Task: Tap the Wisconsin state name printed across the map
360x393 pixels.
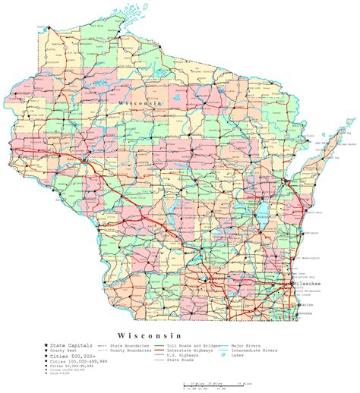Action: [x=136, y=100]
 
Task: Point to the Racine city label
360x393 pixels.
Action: [x=305, y=301]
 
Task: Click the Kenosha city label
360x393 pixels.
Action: [x=305, y=312]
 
